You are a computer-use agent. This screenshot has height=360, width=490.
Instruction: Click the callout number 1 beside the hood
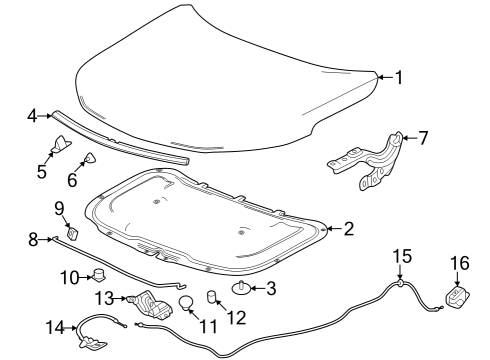click(x=398, y=77)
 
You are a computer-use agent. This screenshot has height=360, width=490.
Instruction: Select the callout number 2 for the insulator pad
click(x=348, y=229)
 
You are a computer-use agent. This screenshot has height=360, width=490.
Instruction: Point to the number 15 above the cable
click(x=399, y=258)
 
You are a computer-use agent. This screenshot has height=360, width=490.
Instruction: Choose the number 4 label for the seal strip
click(x=33, y=117)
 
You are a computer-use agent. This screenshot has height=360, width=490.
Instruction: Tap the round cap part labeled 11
click(x=185, y=303)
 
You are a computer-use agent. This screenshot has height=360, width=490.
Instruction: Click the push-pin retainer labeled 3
click(x=243, y=290)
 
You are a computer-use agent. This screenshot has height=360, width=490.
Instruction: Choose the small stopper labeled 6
click(x=89, y=157)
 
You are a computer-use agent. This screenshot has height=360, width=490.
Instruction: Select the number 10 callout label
click(x=69, y=276)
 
